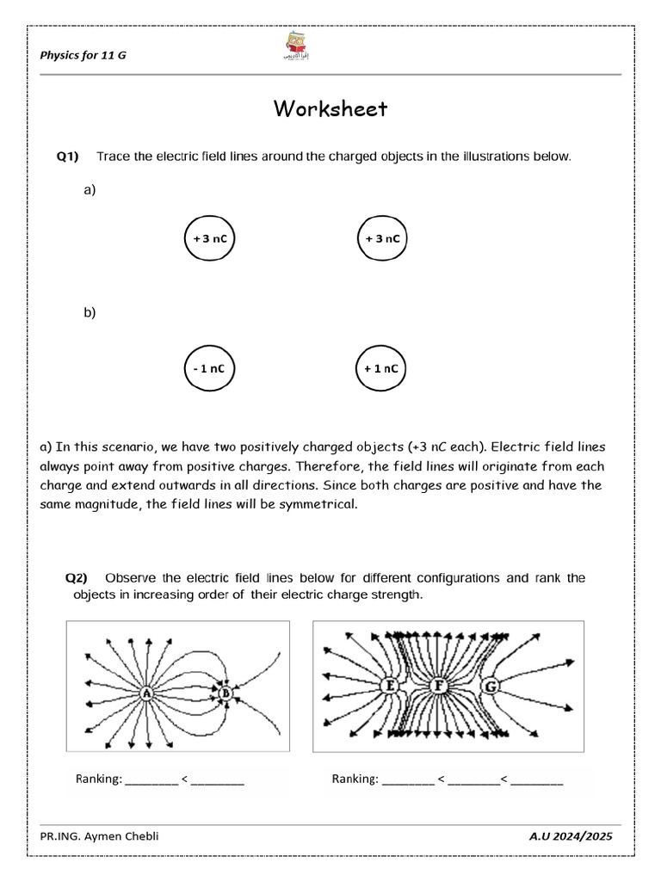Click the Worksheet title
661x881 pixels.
click(x=330, y=109)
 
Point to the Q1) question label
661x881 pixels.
click(x=68, y=157)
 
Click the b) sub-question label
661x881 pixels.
click(x=90, y=313)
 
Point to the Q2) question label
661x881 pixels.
click(x=79, y=578)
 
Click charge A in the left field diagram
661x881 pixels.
click(x=146, y=693)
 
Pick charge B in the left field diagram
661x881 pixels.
click(x=225, y=693)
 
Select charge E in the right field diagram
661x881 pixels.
click(x=389, y=687)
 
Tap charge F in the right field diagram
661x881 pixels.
click(x=440, y=687)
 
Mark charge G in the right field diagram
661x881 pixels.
click(x=491, y=687)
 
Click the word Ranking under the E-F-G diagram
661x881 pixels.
click(x=355, y=780)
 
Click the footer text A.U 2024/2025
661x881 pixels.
click(x=571, y=837)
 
